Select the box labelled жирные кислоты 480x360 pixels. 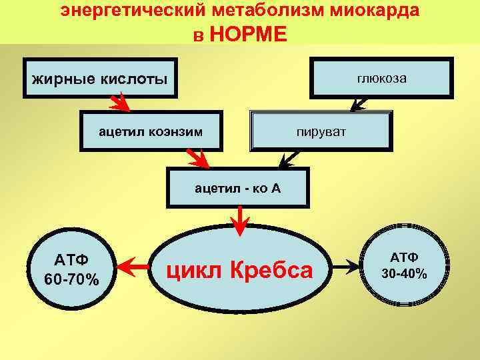[99, 80]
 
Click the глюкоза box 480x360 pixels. [382, 78]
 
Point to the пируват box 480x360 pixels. [321, 130]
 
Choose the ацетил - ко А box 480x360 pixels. [238, 188]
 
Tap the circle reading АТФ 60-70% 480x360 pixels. [71, 269]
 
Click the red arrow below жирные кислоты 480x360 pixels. [120, 103]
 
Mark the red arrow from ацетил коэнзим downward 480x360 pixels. [199, 159]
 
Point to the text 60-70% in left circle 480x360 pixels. [71, 279]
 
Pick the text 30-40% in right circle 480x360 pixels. [404, 273]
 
